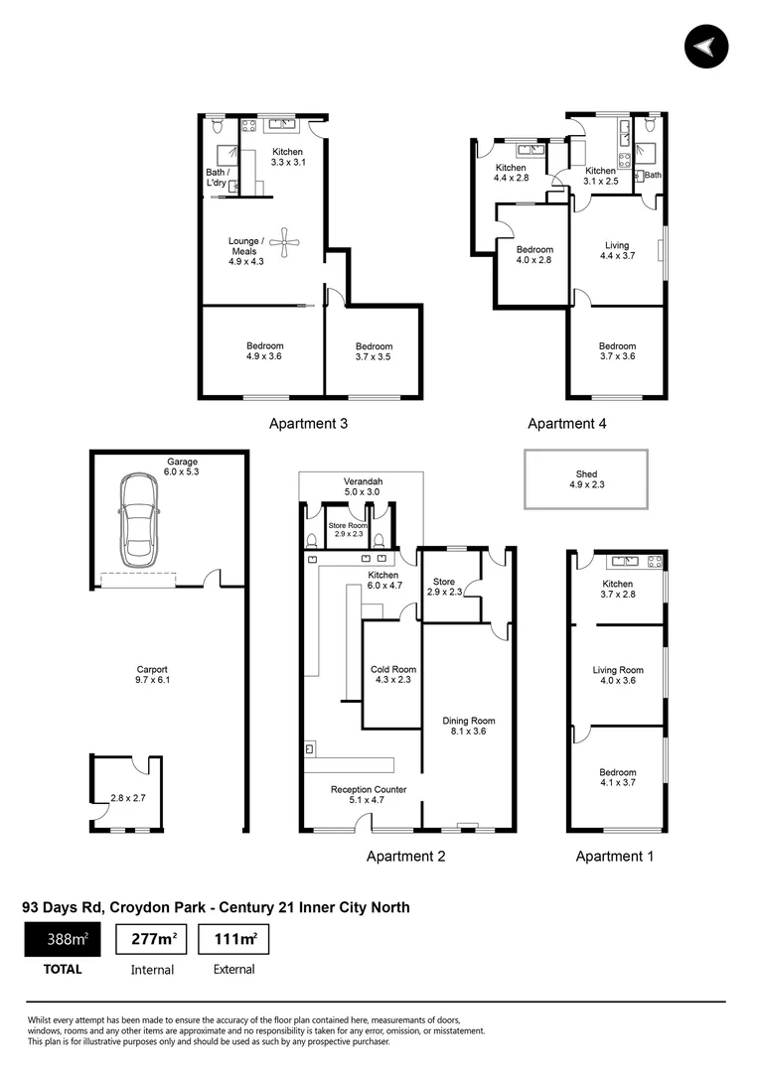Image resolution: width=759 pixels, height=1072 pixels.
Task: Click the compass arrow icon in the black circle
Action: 706,47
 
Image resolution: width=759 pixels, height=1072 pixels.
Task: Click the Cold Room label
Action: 392,675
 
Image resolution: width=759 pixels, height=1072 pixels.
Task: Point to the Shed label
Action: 586,479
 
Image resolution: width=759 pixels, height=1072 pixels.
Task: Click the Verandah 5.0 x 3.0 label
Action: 363,486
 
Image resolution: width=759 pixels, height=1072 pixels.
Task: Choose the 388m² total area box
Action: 62,939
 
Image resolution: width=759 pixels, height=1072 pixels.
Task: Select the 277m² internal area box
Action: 152,939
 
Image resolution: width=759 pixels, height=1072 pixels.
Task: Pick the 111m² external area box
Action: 233,939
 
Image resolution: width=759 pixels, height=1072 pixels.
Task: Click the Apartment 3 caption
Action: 308,424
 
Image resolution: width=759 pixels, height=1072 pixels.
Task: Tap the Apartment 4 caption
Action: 566,424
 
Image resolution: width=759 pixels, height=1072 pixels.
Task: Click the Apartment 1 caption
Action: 615,856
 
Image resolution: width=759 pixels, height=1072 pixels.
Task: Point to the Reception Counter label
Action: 369,795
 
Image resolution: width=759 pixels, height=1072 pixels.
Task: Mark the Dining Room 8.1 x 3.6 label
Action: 469,726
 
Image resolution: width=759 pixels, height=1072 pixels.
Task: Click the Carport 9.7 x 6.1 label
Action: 152,675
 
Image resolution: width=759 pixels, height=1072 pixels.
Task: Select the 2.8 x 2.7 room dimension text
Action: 128,797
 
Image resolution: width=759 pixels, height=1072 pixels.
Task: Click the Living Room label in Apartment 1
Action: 618,676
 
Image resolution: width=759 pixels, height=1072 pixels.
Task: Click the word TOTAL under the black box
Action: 62,970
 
